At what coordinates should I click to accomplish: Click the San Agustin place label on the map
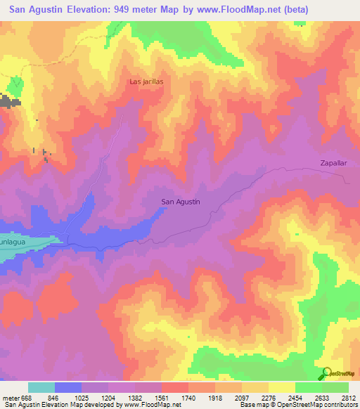point(181,202)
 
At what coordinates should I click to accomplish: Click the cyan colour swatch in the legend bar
point(41,387)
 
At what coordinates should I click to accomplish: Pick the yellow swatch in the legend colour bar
point(281,387)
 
